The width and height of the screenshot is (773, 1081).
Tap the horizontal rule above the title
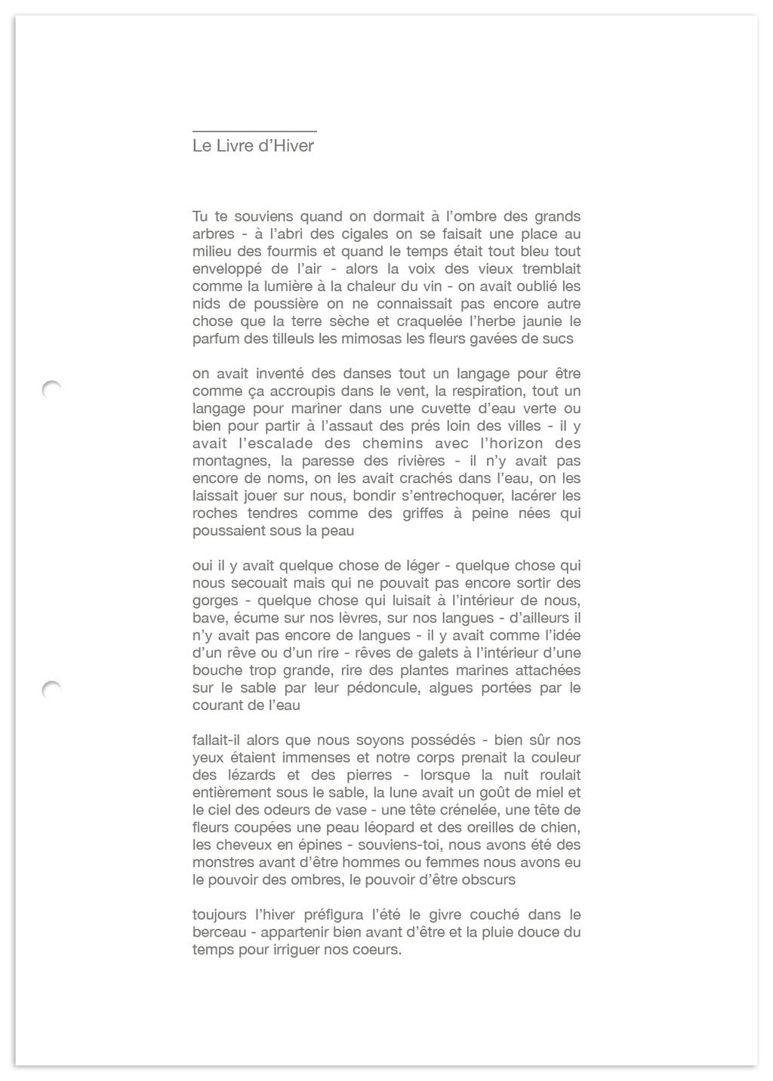point(254,131)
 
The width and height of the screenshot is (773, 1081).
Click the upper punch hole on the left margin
point(51,389)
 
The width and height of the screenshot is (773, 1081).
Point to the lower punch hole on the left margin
point(51,689)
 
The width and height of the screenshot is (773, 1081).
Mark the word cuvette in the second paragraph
point(461,409)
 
